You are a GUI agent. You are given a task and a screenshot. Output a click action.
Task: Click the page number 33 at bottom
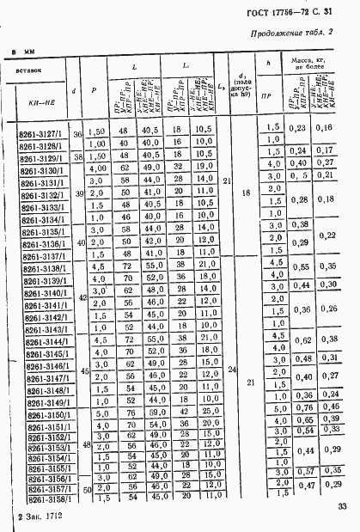(x=342, y=508)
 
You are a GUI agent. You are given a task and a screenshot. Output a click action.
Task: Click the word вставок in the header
(x=32, y=70)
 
